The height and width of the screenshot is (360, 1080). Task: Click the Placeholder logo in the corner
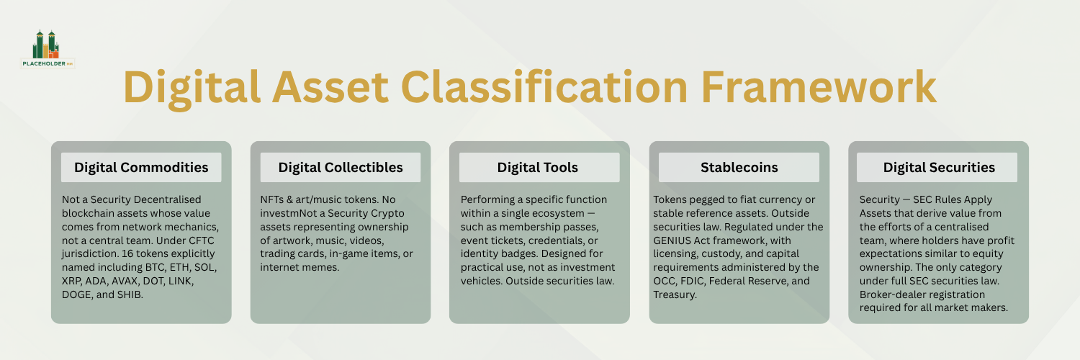48,49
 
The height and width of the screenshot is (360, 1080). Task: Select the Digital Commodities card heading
141,167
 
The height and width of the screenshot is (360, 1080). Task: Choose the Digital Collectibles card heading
341,167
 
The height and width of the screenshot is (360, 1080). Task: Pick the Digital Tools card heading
538,167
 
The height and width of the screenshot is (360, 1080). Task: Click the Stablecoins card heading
739,167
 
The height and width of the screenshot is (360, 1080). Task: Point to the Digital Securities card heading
939,167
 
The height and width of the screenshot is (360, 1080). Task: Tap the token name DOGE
80,294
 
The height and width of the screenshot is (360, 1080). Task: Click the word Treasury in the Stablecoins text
675,294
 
